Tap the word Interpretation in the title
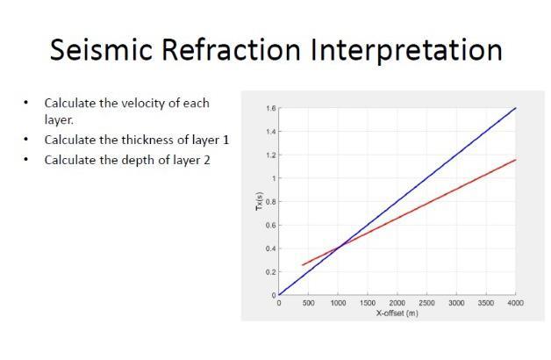pyautogui.click(x=405, y=49)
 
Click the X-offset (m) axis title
pyautogui.click(x=397, y=313)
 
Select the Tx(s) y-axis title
pyautogui.click(x=259, y=202)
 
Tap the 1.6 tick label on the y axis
pyautogui.click(x=269, y=108)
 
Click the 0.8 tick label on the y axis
pyautogui.click(x=269, y=202)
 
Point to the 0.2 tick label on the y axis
pyautogui.click(x=269, y=272)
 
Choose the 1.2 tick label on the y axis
pyautogui.click(x=269, y=155)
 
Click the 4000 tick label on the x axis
pyautogui.click(x=515, y=303)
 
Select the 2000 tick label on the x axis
pyautogui.click(x=397, y=303)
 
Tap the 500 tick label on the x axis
pyautogui.click(x=308, y=303)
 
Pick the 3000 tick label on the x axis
pyautogui.click(x=456, y=303)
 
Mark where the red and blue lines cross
pyautogui.click(x=340, y=244)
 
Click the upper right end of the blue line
pyautogui.click(x=515, y=108)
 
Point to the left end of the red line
pyautogui.click(x=303, y=264)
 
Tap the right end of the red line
pyautogui.click(x=515, y=160)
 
